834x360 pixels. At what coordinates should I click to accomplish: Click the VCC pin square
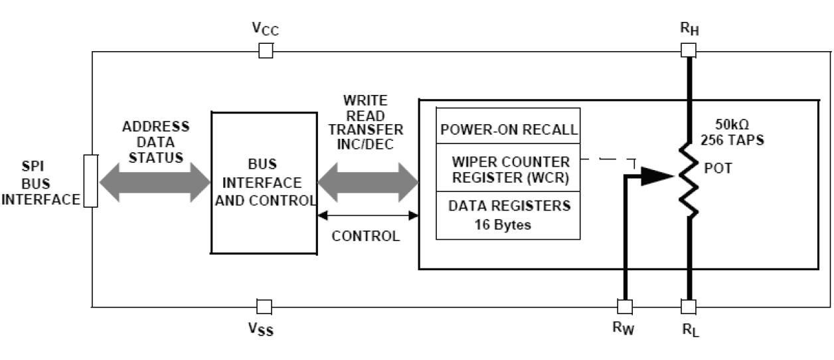tap(266, 50)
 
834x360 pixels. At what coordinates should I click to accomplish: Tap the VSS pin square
tap(264, 306)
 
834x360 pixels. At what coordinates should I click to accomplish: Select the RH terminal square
tap(689, 50)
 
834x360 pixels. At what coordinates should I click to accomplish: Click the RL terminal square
tap(689, 306)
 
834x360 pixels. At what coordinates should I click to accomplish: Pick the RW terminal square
tap(625, 306)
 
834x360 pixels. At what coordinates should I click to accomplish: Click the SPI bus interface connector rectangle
tap(91, 181)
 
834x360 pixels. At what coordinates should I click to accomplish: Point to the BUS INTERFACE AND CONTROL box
tap(264, 183)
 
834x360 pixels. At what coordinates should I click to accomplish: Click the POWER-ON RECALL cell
tap(508, 129)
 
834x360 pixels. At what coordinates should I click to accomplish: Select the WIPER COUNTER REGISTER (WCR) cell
tap(508, 170)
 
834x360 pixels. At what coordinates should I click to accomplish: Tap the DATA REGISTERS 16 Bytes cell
tap(508, 215)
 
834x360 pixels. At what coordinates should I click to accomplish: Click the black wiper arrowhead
tap(657, 176)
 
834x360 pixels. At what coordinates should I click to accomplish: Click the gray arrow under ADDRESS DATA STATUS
tap(154, 180)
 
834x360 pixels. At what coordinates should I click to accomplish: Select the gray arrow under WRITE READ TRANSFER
tap(368, 179)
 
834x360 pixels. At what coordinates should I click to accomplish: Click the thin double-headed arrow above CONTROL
tap(368, 215)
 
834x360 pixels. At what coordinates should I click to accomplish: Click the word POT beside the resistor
tap(718, 169)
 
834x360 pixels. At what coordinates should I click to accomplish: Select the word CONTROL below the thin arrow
tap(366, 236)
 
